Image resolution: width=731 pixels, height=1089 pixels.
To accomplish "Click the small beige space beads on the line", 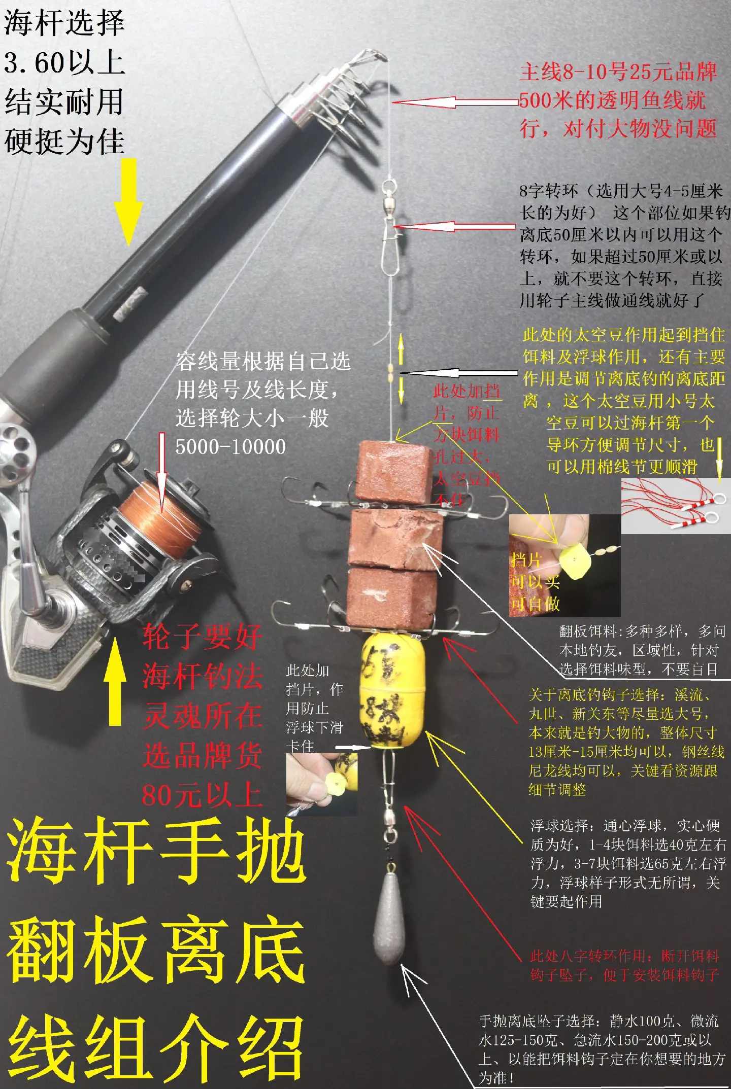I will click(390, 375).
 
